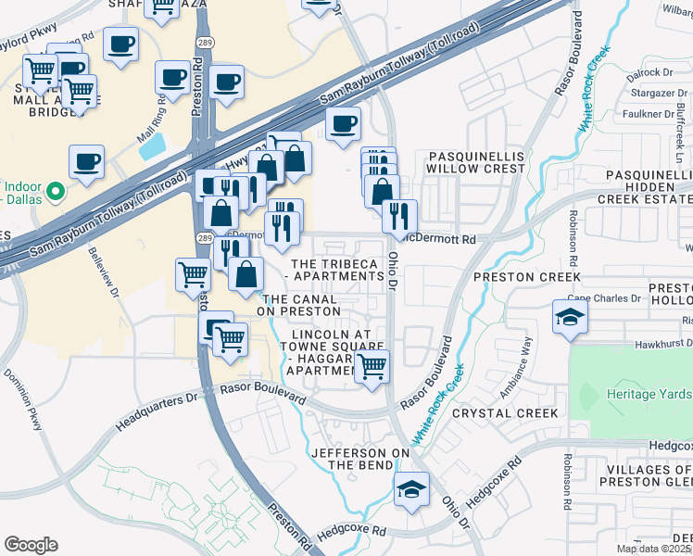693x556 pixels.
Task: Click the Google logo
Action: point(31,544)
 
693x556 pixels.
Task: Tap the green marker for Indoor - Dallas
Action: point(54,192)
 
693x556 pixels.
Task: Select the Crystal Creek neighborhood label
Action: point(514,413)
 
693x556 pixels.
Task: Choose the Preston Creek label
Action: point(526,277)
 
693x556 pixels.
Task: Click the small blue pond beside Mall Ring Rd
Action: point(154,145)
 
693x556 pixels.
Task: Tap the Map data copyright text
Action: point(652,549)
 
